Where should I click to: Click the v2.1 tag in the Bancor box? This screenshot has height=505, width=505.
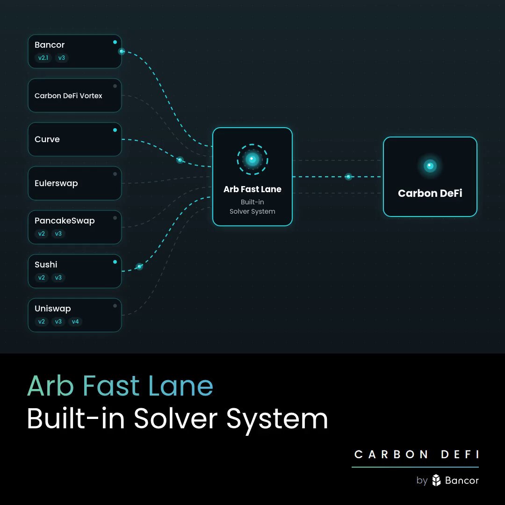43,58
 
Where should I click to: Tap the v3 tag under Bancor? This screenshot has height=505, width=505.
62,58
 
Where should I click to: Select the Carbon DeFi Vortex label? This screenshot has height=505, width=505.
68,96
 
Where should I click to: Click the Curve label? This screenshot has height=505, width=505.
47,139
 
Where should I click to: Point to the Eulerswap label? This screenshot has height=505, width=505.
56,183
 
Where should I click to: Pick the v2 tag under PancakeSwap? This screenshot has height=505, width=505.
42,233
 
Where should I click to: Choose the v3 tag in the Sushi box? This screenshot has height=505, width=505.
58,278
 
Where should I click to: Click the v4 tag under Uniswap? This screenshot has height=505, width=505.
75,321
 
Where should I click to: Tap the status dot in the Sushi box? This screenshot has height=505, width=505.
115,262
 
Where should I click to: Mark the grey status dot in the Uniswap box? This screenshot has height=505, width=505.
115,306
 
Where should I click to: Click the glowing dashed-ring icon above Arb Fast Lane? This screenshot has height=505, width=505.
252,159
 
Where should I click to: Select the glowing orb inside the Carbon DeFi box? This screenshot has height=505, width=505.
430,166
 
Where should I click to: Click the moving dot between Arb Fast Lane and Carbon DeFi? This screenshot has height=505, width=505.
348,176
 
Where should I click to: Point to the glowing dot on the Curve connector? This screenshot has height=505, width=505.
180,160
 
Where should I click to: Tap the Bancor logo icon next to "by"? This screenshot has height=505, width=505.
436,480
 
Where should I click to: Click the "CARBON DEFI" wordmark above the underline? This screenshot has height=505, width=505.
417,454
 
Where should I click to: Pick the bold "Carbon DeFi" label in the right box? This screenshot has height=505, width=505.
430,193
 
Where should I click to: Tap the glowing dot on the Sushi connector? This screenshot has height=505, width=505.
139,267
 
